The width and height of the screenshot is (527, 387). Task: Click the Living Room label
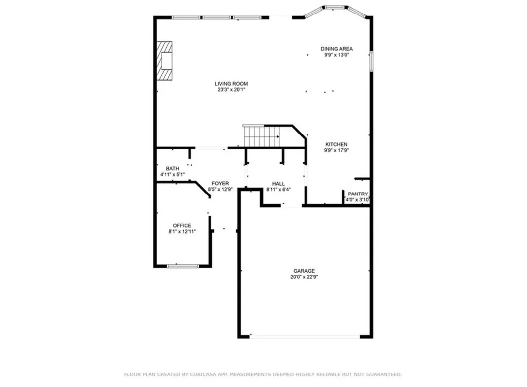click(x=231, y=84)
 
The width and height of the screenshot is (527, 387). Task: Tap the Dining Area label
click(x=337, y=49)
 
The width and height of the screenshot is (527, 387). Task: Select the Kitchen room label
click(x=336, y=144)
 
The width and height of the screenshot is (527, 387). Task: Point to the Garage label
click(x=304, y=271)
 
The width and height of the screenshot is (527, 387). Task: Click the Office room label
click(x=182, y=225)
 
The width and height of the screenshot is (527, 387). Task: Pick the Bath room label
click(x=172, y=168)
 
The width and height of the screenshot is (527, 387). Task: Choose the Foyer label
click(x=220, y=183)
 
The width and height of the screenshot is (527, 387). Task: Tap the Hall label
click(x=278, y=183)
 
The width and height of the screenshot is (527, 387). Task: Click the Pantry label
click(x=358, y=194)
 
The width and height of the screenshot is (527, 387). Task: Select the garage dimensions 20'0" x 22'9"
click(x=304, y=277)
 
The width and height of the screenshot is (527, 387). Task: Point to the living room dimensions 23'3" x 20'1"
click(x=231, y=90)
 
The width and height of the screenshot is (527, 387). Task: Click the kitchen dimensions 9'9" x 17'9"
click(x=336, y=150)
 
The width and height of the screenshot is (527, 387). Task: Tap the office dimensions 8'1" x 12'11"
click(x=182, y=232)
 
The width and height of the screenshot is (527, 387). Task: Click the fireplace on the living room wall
click(x=165, y=61)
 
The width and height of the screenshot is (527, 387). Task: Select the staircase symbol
click(x=261, y=136)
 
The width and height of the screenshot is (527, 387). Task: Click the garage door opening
click(x=305, y=336)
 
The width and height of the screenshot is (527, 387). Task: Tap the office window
click(x=183, y=266)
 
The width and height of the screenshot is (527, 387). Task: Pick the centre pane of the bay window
click(x=336, y=7)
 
